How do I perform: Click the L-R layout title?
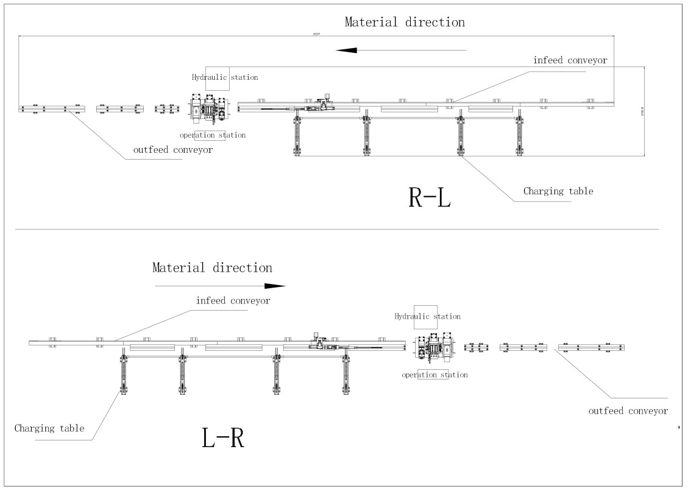point(223,438)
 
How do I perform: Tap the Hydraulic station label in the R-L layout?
point(225,77)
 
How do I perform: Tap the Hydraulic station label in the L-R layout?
point(427,316)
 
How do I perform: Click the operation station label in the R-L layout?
point(213,135)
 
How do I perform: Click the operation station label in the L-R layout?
point(434,375)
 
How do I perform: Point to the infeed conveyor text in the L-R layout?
point(233,301)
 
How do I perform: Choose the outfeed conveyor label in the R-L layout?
point(173,150)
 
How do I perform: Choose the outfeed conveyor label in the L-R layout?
point(628,411)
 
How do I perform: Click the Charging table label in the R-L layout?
point(558,191)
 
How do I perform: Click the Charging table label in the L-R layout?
point(49,428)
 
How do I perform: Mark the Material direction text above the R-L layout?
point(405,23)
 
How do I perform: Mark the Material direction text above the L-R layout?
point(212,267)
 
